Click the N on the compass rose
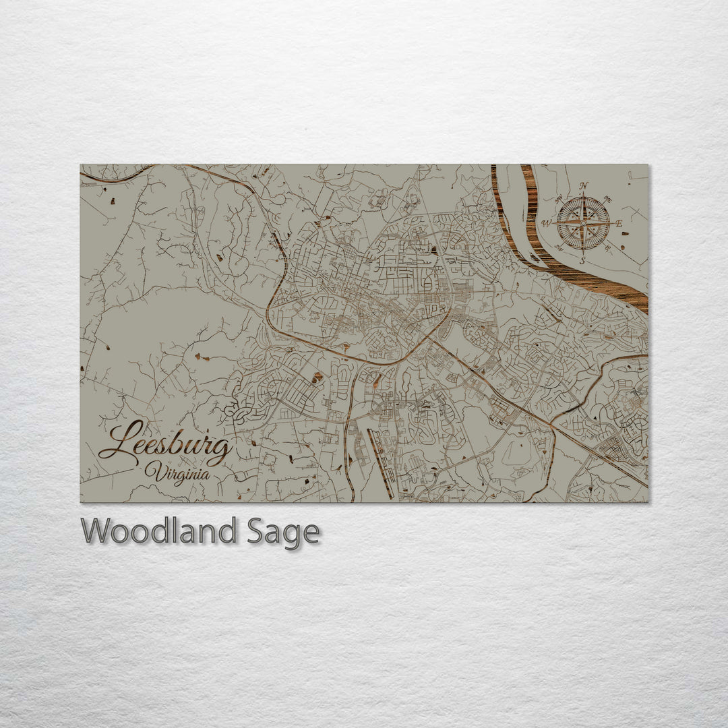coord(584,186)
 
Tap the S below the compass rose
coord(583,260)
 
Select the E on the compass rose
coord(619,222)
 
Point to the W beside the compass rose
coord(547,223)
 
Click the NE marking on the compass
coord(609,199)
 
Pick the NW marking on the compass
coord(558,200)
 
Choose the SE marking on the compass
coord(609,247)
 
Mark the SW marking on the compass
coord(559,247)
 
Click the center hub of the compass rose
coord(583,223)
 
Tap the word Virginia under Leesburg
coord(177,472)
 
